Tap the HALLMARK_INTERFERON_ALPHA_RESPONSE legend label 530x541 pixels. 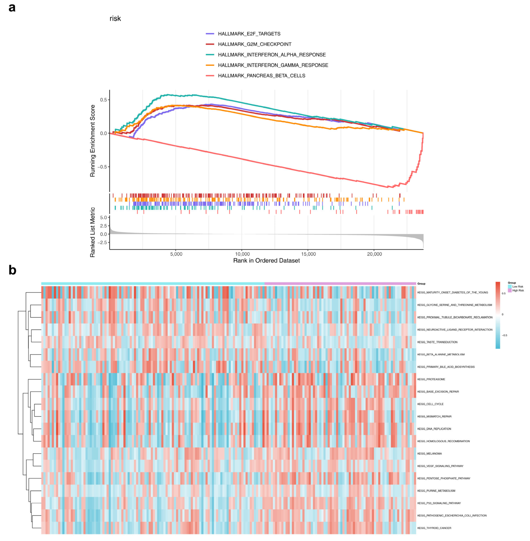click(x=272, y=55)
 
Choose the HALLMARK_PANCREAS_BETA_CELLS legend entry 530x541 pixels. click(x=261, y=76)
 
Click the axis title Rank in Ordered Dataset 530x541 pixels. click(x=266, y=261)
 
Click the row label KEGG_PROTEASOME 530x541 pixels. click(x=431, y=379)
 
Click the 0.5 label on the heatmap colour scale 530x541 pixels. click(x=504, y=293)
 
